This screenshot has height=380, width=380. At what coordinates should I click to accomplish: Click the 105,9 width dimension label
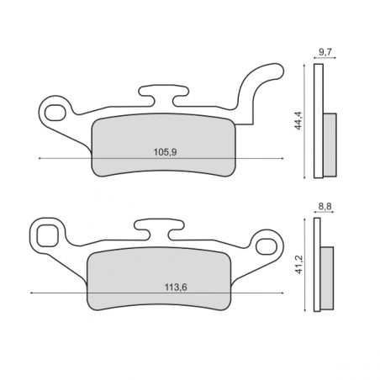165,152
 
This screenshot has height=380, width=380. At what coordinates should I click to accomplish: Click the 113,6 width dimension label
176,288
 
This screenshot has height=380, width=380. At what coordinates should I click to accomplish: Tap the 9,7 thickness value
325,52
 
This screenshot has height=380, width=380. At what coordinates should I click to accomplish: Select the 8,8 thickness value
325,207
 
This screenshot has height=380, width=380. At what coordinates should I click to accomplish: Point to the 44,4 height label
298,120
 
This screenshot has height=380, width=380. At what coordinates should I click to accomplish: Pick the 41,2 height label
299,265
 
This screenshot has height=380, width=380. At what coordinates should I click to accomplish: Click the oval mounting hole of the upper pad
55,113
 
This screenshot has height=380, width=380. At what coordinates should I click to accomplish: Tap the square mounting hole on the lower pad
47,236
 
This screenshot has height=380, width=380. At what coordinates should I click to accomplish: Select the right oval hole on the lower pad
266,246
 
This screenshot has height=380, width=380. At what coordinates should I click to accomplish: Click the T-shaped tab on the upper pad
163,94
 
